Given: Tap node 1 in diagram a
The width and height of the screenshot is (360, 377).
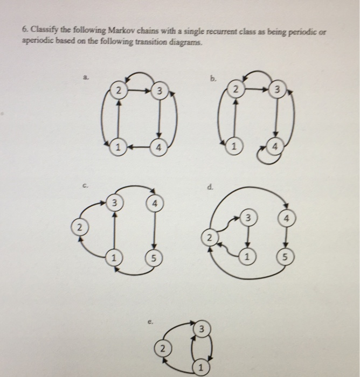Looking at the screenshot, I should [x=116, y=147].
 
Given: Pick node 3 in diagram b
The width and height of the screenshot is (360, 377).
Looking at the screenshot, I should [x=278, y=90].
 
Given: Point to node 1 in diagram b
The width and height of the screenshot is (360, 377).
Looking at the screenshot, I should [x=234, y=147].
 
